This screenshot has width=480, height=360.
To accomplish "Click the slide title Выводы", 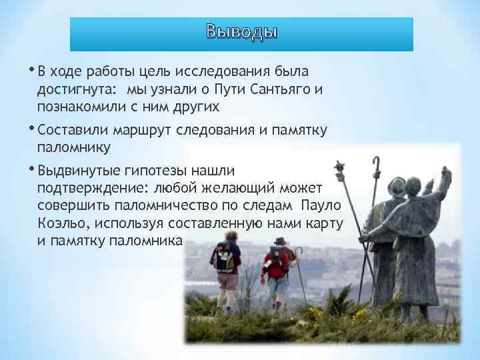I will [x=241, y=32].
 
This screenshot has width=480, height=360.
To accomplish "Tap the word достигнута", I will [x=76, y=89].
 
